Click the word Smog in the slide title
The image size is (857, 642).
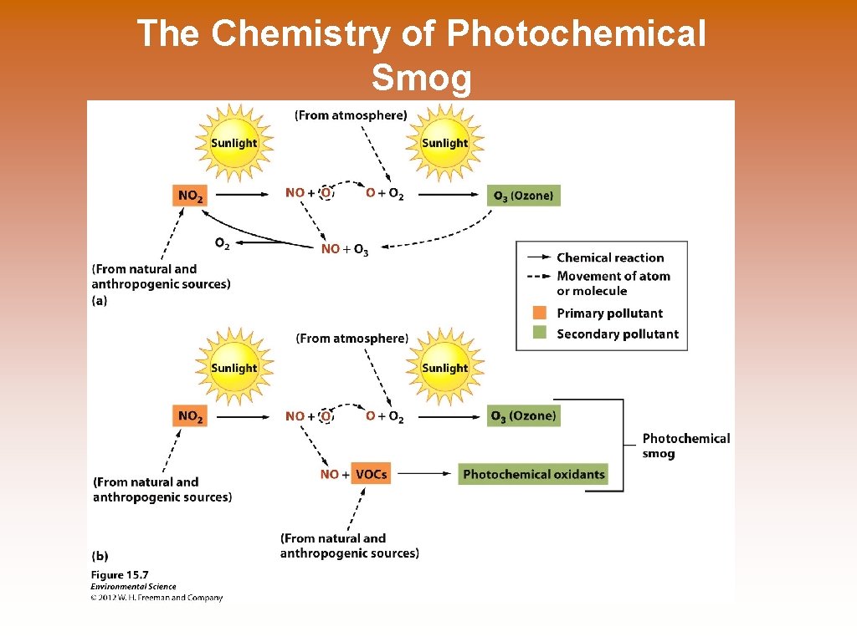click(x=421, y=79)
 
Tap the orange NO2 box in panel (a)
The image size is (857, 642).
click(x=189, y=196)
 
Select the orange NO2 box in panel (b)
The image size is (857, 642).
click(x=189, y=415)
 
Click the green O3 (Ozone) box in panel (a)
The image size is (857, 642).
click(x=523, y=196)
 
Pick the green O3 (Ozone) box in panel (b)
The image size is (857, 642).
click(x=523, y=415)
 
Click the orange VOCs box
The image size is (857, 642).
click(x=371, y=474)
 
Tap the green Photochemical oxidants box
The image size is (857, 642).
click(x=533, y=474)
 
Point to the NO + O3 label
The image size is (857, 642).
click(x=344, y=249)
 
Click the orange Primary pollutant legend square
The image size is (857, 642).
click(x=540, y=313)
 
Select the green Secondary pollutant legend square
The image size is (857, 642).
click(x=540, y=333)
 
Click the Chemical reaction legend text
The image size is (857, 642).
click(x=610, y=257)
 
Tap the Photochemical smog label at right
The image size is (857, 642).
click(x=685, y=446)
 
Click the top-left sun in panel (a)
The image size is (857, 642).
click(x=234, y=143)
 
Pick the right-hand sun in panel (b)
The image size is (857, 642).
click(x=444, y=368)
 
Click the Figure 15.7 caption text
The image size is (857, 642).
click(x=120, y=574)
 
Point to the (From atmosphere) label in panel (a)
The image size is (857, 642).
click(x=351, y=115)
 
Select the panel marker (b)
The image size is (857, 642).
click(x=100, y=555)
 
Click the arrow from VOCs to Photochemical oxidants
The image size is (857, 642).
click(x=423, y=474)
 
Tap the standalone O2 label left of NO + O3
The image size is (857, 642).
click(x=222, y=243)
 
